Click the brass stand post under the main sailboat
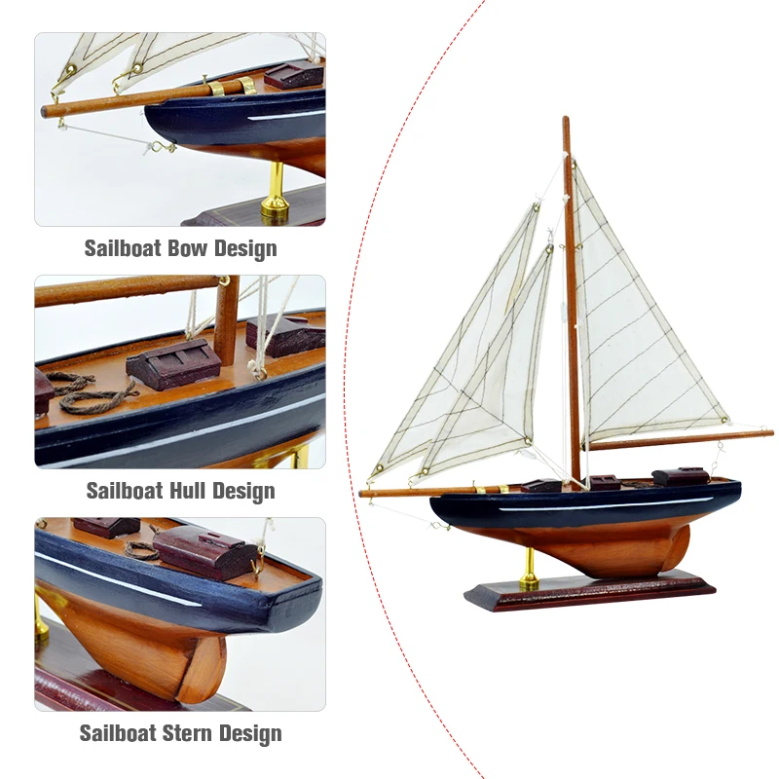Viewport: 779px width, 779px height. tap(529, 568)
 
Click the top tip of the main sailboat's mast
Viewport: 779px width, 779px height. tap(565, 120)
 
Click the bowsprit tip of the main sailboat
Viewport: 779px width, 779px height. tap(363, 494)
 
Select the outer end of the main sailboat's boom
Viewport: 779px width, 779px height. tap(769, 431)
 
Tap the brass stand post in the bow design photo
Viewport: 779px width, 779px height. tap(275, 190)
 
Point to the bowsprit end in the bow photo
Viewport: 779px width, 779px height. tap(46, 112)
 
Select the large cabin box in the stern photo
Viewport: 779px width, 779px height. tap(204, 551)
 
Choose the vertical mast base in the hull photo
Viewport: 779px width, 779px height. tap(227, 321)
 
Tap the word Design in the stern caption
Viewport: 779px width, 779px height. tap(247, 732)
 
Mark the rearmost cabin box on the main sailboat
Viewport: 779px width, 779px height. tap(679, 475)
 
